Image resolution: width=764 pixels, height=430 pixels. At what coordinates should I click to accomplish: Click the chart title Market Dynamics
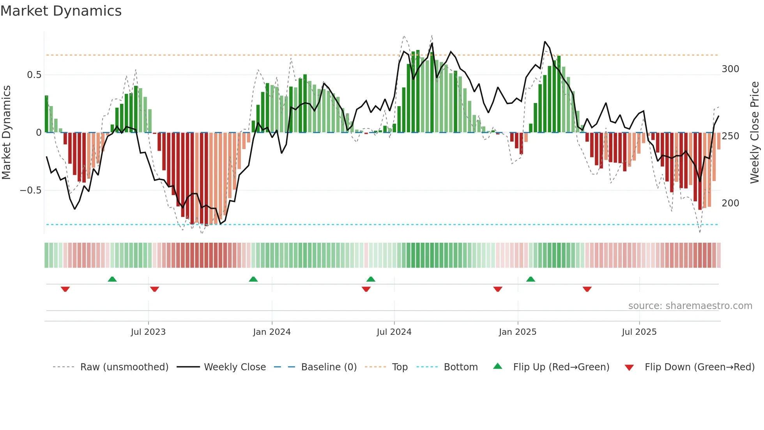tap(61, 11)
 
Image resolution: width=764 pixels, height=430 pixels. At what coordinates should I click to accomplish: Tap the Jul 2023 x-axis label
tap(148, 332)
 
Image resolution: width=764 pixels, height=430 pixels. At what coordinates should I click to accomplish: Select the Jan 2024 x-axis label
tap(272, 332)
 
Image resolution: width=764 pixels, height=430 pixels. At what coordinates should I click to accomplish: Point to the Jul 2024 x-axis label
tap(394, 332)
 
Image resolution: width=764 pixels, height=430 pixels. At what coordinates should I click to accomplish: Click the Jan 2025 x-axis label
tap(518, 332)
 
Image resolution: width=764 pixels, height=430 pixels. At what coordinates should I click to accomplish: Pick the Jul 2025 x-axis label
tap(639, 332)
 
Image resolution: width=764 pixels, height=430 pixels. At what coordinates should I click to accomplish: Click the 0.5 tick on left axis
tap(34, 75)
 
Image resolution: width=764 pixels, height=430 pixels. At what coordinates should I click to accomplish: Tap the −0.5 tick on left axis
tap(30, 190)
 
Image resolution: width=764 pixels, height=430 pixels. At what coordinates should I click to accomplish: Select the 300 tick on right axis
tap(730, 69)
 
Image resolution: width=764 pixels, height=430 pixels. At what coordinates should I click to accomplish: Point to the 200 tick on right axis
tap(730, 203)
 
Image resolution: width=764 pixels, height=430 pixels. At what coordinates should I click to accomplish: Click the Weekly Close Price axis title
tap(755, 133)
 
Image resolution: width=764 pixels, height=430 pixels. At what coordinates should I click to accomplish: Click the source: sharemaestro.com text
tap(690, 306)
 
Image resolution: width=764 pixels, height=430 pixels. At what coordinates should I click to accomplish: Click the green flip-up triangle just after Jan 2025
tap(531, 279)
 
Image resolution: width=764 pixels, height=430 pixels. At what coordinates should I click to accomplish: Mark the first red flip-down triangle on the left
tap(65, 289)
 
